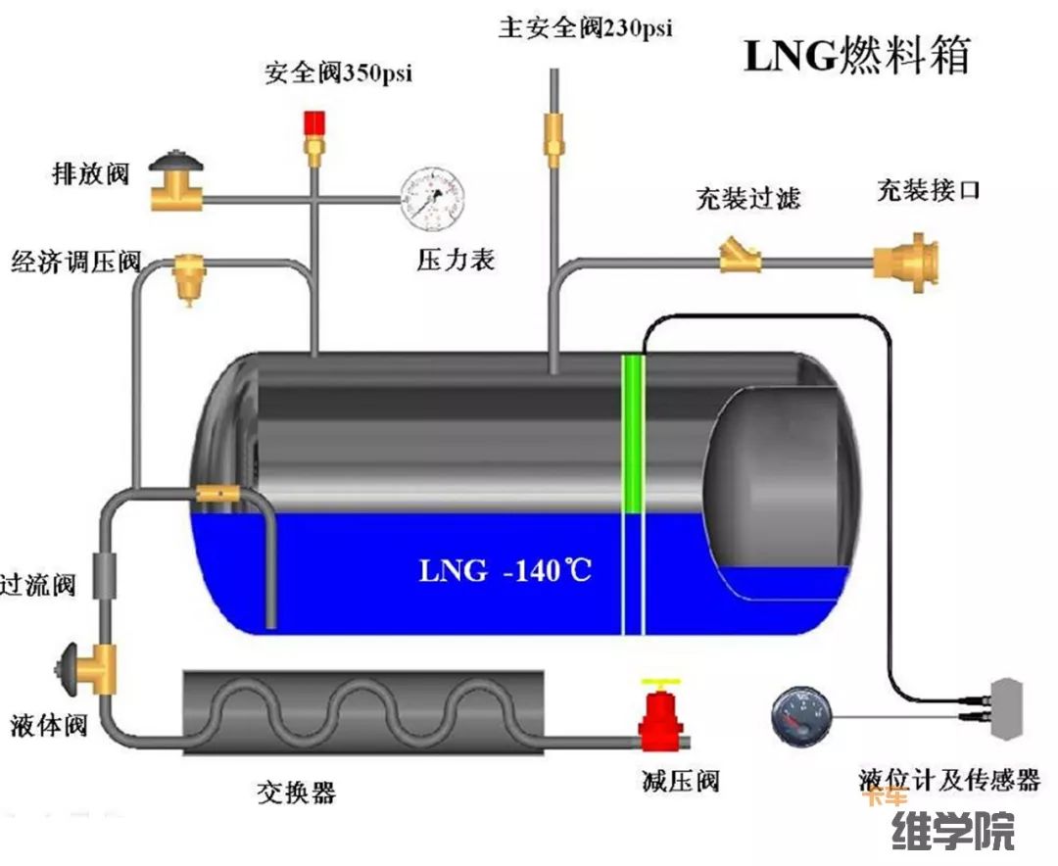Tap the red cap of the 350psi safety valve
tap(314, 123)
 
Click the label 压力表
tap(456, 260)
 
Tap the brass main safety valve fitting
tap(554, 136)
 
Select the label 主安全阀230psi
tap(586, 26)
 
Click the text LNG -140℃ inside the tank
tap(505, 569)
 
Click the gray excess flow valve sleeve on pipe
tap(105, 575)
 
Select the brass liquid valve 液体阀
tap(93, 668)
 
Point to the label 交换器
tap(296, 791)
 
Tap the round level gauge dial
tap(802, 717)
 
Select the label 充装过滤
tap(748, 199)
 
